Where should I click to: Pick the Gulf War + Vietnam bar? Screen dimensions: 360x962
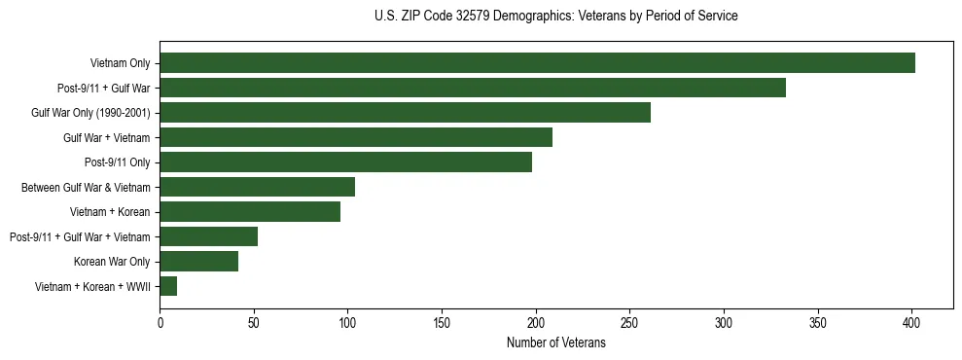point(356,137)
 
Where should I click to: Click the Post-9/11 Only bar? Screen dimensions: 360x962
point(345,162)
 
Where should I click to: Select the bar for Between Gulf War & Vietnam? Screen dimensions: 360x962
point(257,187)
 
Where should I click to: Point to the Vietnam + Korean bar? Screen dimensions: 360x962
point(250,212)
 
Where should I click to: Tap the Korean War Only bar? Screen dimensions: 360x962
point(198,262)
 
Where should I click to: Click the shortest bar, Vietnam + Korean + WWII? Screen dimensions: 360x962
point(168,286)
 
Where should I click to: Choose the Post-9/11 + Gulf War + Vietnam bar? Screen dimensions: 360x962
point(208,236)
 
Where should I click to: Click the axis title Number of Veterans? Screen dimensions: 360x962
point(555,343)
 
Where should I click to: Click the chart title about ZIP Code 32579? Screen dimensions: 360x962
point(555,17)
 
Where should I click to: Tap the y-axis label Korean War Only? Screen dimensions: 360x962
point(112,262)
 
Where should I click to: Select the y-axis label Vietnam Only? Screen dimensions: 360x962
point(120,63)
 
